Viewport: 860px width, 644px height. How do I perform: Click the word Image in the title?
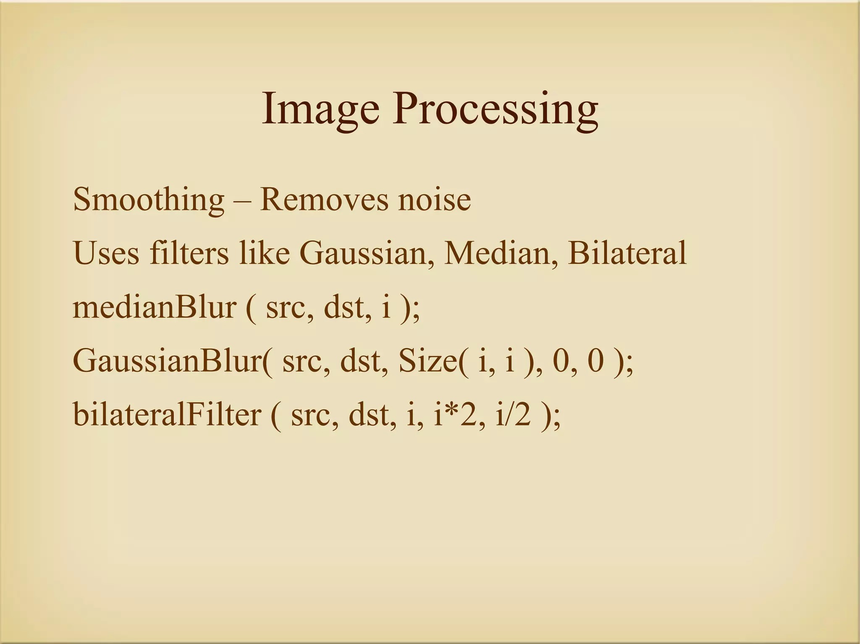click(320, 110)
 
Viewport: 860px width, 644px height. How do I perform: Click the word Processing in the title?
click(495, 110)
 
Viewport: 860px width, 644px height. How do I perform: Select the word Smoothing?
click(149, 200)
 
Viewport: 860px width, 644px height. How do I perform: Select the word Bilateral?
click(627, 253)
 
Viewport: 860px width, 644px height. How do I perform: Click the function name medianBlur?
click(155, 308)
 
